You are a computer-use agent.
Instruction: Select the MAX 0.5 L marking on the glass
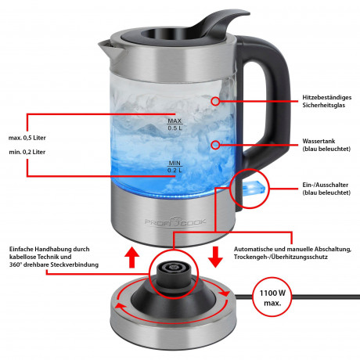(x=175, y=124)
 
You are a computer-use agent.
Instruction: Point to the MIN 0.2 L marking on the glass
(x=175, y=166)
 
